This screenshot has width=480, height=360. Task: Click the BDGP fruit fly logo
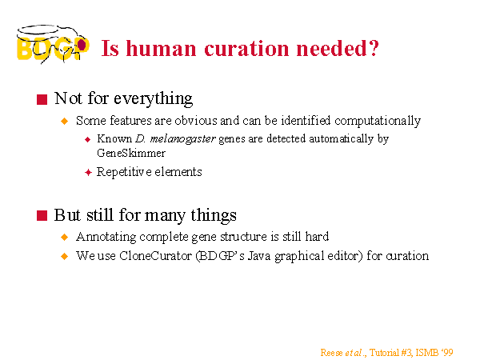click(x=53, y=44)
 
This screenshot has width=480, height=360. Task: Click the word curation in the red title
click(x=246, y=48)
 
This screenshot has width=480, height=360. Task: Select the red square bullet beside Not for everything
click(x=42, y=99)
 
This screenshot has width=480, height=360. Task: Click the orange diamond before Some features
click(x=65, y=122)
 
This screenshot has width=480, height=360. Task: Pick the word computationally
click(x=378, y=121)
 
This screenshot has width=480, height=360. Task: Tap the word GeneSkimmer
click(x=131, y=153)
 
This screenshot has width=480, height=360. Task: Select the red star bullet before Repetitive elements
click(x=88, y=172)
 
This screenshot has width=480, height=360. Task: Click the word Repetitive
click(x=124, y=172)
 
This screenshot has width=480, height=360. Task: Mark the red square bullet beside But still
click(x=42, y=215)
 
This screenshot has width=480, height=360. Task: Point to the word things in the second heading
click(x=214, y=215)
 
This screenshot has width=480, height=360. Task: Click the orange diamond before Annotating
click(x=65, y=237)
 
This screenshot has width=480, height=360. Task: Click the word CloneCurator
click(x=155, y=256)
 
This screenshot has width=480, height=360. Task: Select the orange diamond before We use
click(x=65, y=256)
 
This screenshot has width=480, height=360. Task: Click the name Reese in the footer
click(x=331, y=353)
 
